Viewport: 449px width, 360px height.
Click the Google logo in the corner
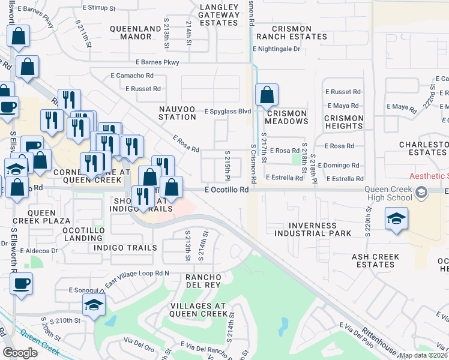click(20, 353)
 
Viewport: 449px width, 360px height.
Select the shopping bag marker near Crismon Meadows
click(266, 95)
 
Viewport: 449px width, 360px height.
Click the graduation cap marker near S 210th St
click(93, 306)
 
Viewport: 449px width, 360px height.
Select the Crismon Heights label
click(344, 122)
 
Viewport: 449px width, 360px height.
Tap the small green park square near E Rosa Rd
click(295, 159)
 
